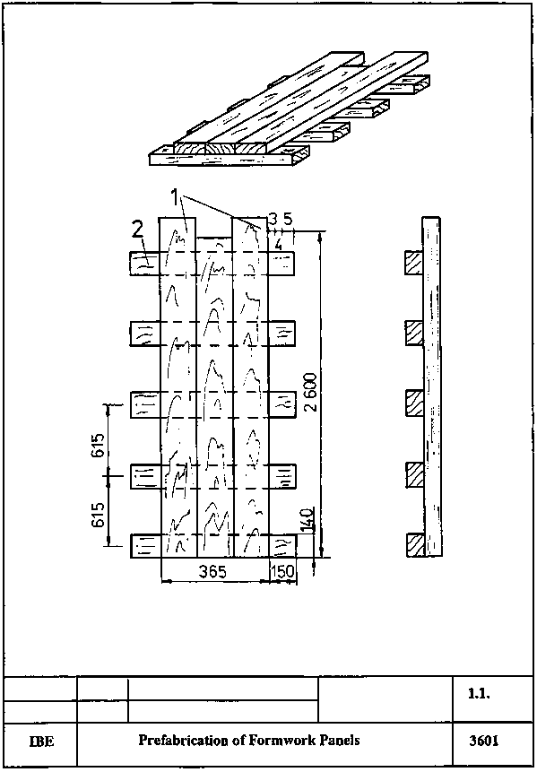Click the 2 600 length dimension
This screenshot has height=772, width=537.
pyautogui.click(x=310, y=393)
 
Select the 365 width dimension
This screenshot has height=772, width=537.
pyautogui.click(x=212, y=572)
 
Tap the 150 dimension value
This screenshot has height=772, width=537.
pyautogui.click(x=282, y=572)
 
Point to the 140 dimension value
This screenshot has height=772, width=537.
pyautogui.click(x=307, y=519)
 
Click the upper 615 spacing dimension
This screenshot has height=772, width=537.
pyautogui.click(x=98, y=446)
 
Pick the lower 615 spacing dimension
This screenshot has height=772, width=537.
pyautogui.click(x=98, y=515)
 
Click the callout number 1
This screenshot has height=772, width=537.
pyautogui.click(x=175, y=198)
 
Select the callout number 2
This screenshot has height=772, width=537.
pyautogui.click(x=138, y=230)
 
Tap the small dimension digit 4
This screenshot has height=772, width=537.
pyautogui.click(x=278, y=245)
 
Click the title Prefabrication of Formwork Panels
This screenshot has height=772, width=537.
pyautogui.click(x=249, y=740)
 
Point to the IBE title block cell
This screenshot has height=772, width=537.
pyautogui.click(x=41, y=742)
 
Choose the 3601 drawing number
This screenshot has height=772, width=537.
pyautogui.click(x=484, y=741)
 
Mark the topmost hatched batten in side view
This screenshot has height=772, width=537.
pyautogui.click(x=414, y=263)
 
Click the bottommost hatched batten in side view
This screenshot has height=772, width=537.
pyautogui.click(x=415, y=545)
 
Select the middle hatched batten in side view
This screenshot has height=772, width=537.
pyautogui.click(x=414, y=403)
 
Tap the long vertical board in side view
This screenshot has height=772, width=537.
pyautogui.click(x=432, y=387)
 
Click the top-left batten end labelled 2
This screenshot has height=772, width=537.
pyautogui.click(x=144, y=263)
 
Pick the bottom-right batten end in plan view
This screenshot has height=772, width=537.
pyautogui.click(x=282, y=545)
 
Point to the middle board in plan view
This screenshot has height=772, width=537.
pyautogui.click(x=214, y=397)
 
